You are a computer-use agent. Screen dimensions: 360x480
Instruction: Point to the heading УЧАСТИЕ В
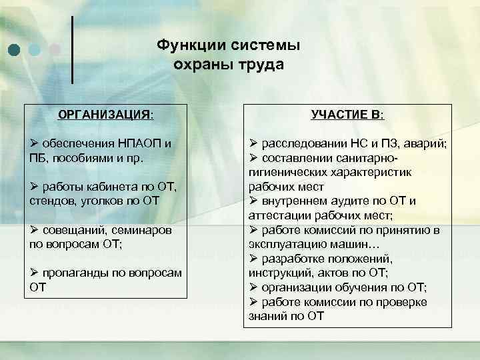coord(347,115)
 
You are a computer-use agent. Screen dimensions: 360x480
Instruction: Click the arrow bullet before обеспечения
coord(34,144)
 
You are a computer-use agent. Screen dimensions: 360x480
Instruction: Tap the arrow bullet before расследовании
coord(253,144)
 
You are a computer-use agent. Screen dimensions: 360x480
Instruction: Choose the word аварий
coord(427,144)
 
